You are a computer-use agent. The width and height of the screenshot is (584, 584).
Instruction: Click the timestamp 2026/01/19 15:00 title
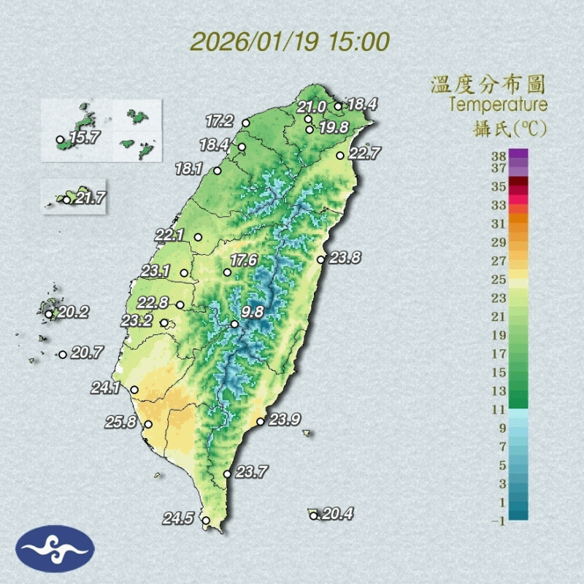[x=290, y=41]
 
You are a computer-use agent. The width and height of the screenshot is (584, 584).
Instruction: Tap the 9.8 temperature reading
[x=253, y=312]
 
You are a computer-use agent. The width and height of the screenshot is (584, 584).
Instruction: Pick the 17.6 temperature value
[x=244, y=260]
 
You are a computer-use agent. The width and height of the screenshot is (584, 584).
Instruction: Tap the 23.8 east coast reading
[x=345, y=257]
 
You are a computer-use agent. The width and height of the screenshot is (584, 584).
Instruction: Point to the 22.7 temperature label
[x=364, y=153]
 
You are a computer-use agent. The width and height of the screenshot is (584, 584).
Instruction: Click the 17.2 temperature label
[x=219, y=120]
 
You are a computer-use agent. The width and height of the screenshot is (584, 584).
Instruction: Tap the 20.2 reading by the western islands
[x=73, y=312]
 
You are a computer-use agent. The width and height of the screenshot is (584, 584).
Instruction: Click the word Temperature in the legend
[x=498, y=104]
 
